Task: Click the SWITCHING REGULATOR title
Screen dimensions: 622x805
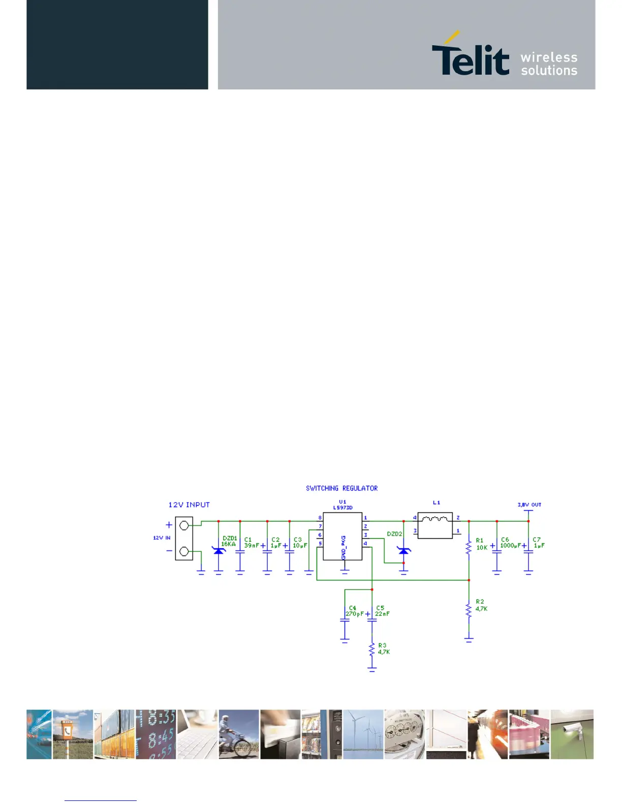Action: point(341,488)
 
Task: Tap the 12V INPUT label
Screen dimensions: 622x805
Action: point(189,505)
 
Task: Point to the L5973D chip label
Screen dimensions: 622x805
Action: point(343,508)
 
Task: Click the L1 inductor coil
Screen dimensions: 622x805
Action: point(435,519)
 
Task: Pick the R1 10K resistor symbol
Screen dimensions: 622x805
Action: point(469,547)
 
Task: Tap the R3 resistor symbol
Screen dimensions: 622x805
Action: point(372,650)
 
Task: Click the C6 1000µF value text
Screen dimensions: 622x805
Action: point(510,546)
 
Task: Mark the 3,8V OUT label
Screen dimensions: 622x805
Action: point(529,505)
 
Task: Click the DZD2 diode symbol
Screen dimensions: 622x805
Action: point(404,551)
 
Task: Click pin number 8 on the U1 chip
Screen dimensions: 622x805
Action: point(320,518)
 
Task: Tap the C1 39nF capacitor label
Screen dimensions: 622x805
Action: point(251,543)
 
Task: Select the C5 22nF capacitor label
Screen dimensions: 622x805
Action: point(382,611)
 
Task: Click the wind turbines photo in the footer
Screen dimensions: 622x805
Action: point(363,734)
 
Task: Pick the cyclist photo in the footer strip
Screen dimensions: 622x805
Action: point(239,734)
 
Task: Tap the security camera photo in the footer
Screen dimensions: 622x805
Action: point(572,734)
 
